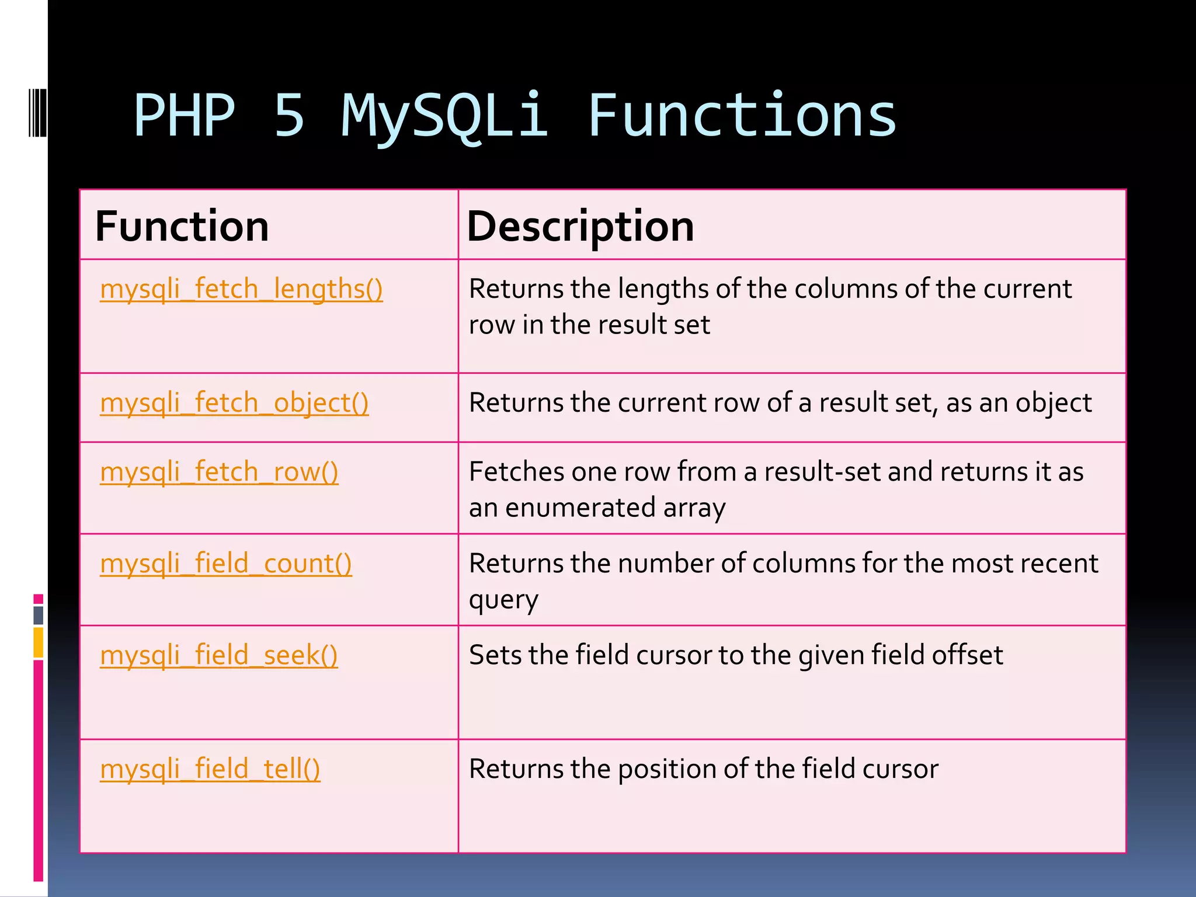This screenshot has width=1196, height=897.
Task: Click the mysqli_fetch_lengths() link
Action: [x=241, y=289]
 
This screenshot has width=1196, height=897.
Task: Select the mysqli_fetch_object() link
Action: [x=234, y=403]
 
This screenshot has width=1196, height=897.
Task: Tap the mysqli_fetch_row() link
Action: [x=219, y=472]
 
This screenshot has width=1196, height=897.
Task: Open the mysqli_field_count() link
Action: [x=226, y=564]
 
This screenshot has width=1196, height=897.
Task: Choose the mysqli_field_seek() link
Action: [x=219, y=655]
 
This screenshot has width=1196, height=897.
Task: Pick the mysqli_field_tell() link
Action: [x=210, y=769]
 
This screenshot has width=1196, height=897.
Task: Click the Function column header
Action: [x=182, y=227]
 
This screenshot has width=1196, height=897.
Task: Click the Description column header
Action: [x=580, y=227]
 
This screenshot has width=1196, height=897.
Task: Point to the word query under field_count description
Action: [x=503, y=600]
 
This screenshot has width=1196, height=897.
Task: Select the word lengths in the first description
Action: [x=663, y=289]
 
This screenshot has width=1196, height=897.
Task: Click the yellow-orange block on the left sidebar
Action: [x=38, y=642]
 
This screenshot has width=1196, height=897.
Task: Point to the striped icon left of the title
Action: [x=37, y=113]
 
